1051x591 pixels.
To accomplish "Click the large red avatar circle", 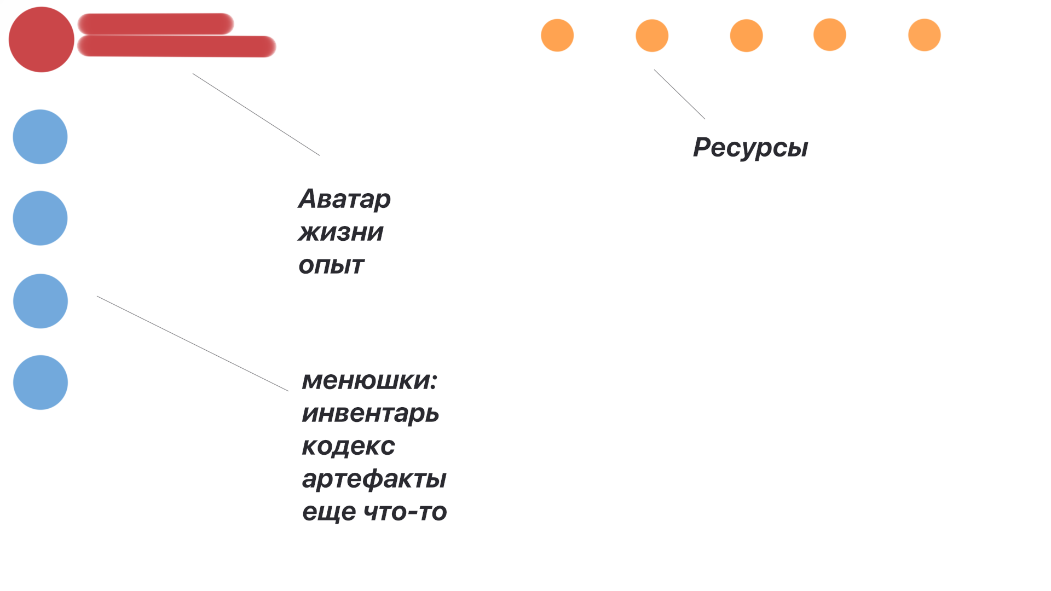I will (x=41, y=39).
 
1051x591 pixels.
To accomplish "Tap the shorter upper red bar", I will (x=155, y=24).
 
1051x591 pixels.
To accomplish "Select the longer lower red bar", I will (x=176, y=47).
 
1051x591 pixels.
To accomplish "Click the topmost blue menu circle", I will (x=40, y=137).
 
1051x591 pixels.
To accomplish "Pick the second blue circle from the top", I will (x=40, y=218).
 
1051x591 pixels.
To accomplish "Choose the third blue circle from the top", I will (x=40, y=301).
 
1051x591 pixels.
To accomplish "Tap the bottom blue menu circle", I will (x=40, y=383).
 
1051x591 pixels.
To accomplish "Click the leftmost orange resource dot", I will (x=557, y=36).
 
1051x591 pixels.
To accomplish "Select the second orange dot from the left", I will (x=652, y=36).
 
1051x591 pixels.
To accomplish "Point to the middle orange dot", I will (x=746, y=36).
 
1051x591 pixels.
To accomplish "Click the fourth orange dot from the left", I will (x=830, y=35).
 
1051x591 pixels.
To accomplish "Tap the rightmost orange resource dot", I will (x=925, y=35).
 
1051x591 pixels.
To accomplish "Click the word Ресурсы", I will (x=750, y=148).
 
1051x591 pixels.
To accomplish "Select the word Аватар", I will (x=344, y=199).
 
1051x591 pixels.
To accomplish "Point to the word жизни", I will (x=340, y=233).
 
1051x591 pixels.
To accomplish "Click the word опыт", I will (x=331, y=266).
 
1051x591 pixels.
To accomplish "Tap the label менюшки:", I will (x=369, y=380).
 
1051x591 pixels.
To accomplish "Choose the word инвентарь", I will (x=371, y=414).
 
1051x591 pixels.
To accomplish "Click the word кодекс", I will (x=348, y=447).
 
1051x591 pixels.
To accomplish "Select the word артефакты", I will (x=374, y=479).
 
